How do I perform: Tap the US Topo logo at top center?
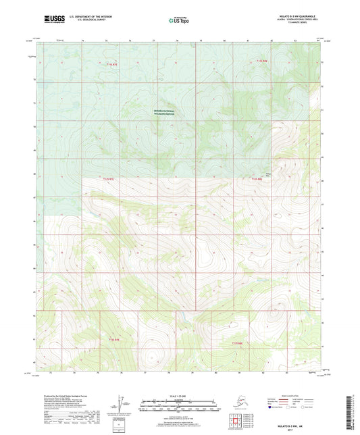[180, 20]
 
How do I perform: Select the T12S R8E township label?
[256, 179]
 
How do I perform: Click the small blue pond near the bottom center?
[178, 313]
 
